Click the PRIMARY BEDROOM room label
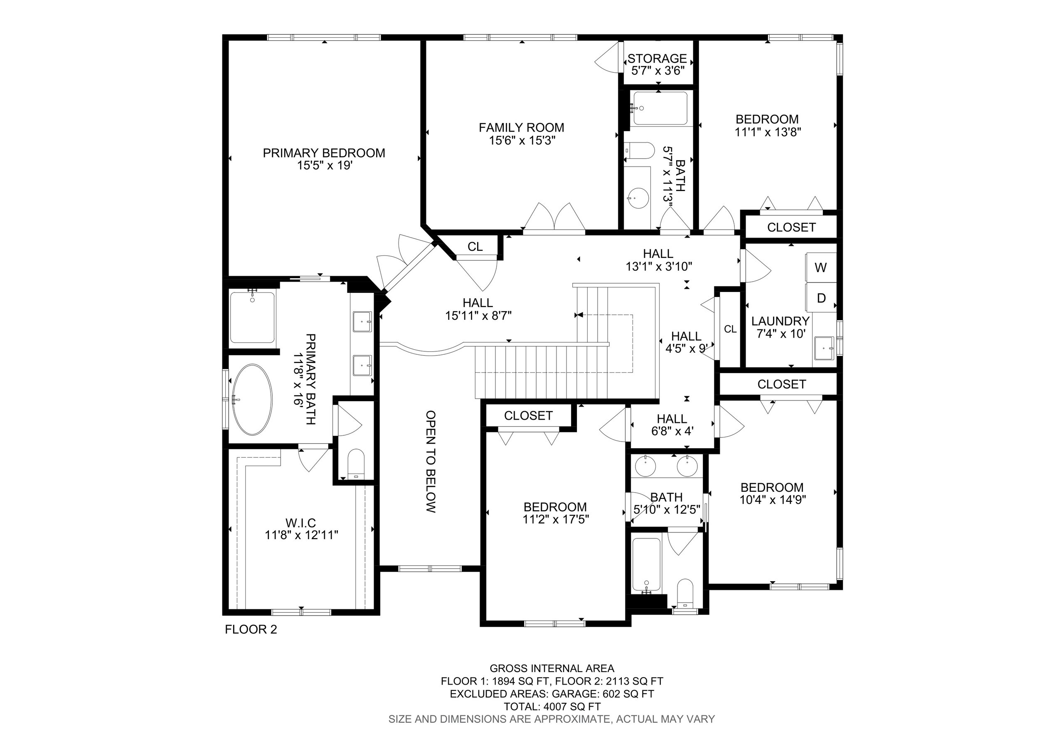pos(324,153)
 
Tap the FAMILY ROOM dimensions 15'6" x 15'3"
pos(522,141)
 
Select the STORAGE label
pos(657,58)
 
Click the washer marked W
pos(821,267)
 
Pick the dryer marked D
pos(821,297)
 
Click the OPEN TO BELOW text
pos(431,461)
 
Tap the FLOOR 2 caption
pos(251,629)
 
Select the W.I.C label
pos(301,523)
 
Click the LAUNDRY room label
pos(780,321)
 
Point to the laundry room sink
pos(824,348)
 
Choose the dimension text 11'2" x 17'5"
pos(556,519)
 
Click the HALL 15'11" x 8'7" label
pos(478,309)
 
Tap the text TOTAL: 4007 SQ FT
pos(552,707)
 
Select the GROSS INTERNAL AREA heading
pos(552,668)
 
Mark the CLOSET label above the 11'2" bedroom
pos(528,416)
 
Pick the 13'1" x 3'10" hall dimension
pos(659,267)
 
